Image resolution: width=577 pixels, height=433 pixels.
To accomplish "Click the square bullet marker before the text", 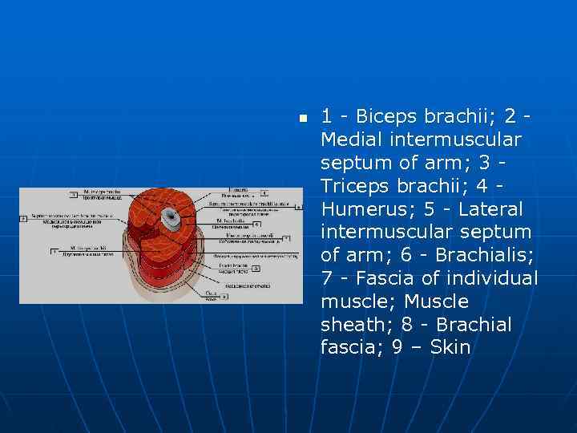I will (302, 118).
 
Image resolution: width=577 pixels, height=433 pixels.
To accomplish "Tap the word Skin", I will (450, 348).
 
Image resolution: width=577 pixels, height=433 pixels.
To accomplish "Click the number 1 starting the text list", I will (326, 116).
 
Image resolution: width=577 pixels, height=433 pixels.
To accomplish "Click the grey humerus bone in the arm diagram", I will (169, 216).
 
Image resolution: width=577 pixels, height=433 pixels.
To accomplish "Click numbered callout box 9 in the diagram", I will (225, 296).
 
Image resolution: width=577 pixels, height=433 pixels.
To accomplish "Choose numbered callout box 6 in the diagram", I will (256, 224).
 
